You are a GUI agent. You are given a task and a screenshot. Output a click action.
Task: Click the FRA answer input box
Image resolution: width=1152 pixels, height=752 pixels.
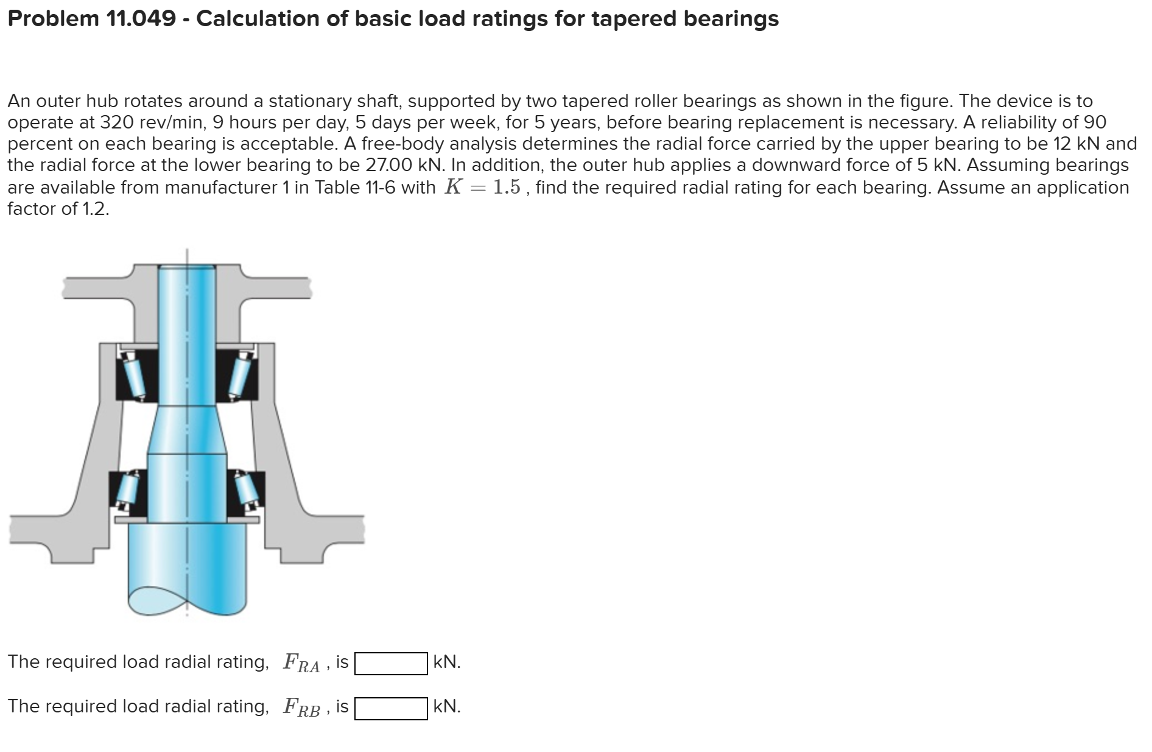391,664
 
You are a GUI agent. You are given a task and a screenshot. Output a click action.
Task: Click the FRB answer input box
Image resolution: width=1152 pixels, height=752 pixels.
391,708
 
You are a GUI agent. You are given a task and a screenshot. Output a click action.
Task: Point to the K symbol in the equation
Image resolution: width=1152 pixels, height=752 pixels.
452,186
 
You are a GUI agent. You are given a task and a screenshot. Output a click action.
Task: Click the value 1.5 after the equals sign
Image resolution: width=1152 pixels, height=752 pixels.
507,186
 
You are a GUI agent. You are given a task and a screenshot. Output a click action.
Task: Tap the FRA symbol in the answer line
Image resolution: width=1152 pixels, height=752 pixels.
301,662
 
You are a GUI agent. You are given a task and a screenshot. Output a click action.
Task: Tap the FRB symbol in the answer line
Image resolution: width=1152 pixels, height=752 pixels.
301,707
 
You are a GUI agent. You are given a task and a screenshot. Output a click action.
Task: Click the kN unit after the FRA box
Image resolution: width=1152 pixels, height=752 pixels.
447,661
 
